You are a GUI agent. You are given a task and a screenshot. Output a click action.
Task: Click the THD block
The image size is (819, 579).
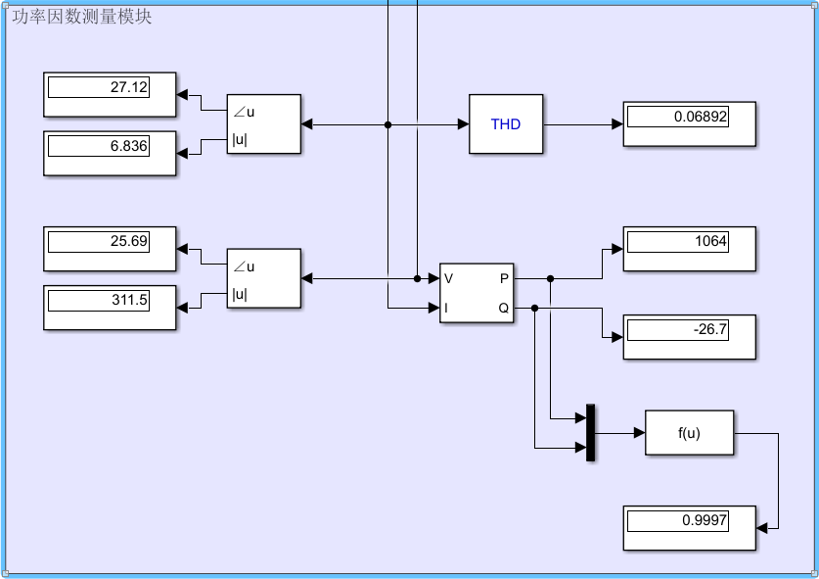click(506, 124)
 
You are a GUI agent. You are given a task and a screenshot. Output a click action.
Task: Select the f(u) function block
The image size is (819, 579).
click(689, 433)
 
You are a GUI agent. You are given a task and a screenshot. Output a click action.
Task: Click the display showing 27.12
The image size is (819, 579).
click(110, 95)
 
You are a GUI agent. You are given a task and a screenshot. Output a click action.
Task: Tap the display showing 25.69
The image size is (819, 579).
click(110, 249)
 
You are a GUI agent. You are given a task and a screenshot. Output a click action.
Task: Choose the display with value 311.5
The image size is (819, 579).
click(110, 308)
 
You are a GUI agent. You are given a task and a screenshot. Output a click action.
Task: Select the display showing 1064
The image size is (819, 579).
click(690, 249)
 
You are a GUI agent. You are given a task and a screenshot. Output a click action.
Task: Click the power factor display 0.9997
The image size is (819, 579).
click(690, 528)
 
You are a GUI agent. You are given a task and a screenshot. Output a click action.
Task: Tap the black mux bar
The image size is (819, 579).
click(590, 432)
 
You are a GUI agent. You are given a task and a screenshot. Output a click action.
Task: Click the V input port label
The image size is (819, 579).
click(449, 278)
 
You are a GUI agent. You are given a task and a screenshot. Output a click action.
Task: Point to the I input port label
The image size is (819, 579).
click(447, 308)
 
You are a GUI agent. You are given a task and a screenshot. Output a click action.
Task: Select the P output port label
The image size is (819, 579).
click(504, 278)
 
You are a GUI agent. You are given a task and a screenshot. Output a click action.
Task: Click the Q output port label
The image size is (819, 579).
click(504, 308)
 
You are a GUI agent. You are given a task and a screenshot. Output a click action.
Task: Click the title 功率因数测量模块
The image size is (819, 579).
click(82, 17)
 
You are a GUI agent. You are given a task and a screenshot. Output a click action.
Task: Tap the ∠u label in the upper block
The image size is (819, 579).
click(244, 111)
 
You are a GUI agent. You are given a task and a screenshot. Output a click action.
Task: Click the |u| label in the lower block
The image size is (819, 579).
click(240, 295)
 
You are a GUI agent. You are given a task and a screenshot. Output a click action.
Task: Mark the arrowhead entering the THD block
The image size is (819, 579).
click(463, 124)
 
